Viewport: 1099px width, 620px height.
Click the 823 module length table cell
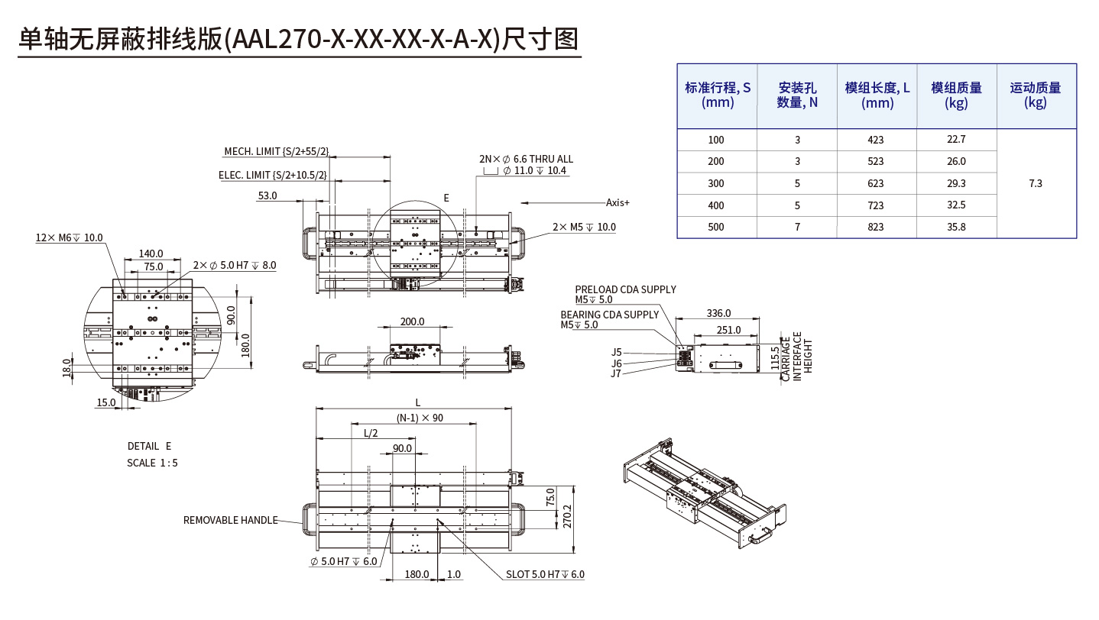tap(876, 227)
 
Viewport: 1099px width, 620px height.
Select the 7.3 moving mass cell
tap(1036, 183)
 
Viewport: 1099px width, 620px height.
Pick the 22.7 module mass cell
tap(956, 139)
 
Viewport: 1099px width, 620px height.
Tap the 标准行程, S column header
tap(717, 95)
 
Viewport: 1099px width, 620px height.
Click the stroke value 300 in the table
tap(715, 183)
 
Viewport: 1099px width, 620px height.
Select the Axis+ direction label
tap(618, 202)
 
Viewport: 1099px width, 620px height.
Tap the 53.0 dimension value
tap(267, 196)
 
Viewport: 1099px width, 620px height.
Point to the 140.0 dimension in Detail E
tap(151, 253)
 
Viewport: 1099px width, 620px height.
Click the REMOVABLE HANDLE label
tap(230, 520)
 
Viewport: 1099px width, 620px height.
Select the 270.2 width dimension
tap(566, 517)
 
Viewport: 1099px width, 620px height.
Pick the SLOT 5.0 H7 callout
tap(545, 574)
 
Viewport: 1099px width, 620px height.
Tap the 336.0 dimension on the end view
tap(718, 313)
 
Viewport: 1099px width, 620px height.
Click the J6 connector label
tap(616, 363)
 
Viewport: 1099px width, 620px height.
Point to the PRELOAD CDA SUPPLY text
tap(625, 289)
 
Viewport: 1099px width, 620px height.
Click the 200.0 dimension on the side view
tap(412, 321)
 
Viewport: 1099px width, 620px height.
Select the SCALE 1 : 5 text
tap(152, 463)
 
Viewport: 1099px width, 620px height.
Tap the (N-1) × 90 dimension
tap(420, 418)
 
